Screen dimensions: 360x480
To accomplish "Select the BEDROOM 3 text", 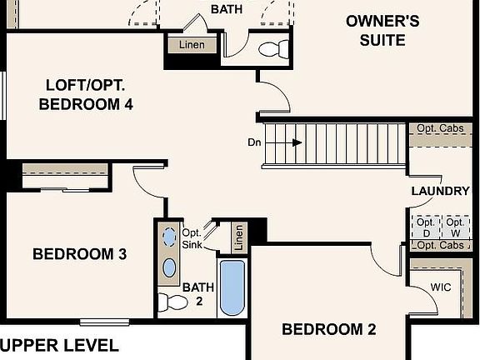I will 79,254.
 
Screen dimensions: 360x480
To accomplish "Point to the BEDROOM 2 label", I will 328,330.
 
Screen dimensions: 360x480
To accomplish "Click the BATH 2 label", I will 198,294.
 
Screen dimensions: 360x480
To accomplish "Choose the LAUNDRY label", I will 441,192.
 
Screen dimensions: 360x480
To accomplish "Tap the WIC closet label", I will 441,287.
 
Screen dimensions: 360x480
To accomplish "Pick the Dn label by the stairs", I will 256,142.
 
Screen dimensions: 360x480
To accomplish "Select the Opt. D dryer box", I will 426,227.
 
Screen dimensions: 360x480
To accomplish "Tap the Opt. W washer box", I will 455,227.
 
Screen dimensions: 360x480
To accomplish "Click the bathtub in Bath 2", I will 232,287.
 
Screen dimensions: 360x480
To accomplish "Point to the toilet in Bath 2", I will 172,301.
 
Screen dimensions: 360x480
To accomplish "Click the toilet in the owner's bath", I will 272,49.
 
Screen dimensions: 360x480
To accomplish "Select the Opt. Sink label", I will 192,238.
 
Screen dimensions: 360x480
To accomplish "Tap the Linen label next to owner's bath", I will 192,44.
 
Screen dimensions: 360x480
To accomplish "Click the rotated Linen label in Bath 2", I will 240,237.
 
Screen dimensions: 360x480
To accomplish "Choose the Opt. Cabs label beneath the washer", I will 440,246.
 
